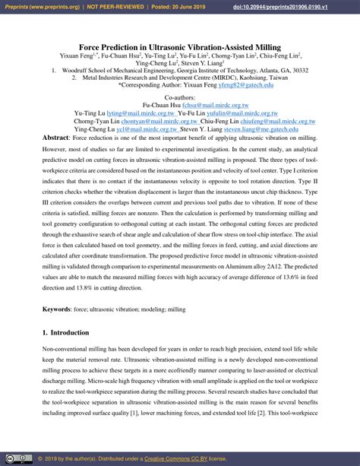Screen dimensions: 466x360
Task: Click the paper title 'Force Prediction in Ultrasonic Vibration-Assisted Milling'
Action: click(x=180, y=47)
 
